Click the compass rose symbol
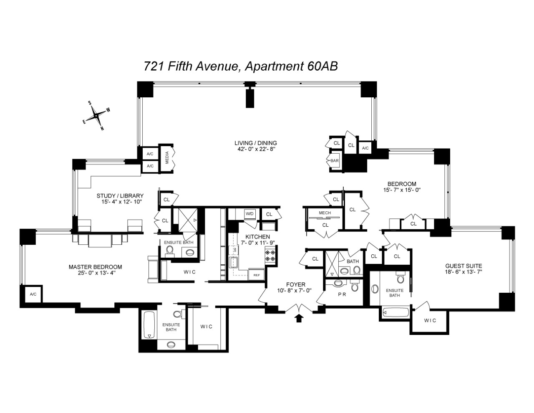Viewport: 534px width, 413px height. (96, 115)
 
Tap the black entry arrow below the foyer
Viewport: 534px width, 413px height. (299, 319)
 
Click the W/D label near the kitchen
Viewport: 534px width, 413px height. (249, 214)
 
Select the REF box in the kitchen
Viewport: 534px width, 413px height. (254, 275)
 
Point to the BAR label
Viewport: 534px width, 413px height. (335, 161)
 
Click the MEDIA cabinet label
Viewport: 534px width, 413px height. (167, 157)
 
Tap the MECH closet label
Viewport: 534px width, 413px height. (325, 213)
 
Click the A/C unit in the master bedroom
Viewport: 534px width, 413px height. (33, 294)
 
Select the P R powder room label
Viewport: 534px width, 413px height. (340, 294)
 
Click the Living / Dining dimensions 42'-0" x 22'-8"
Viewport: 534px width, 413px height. (255, 149)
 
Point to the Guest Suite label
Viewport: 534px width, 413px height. (463, 266)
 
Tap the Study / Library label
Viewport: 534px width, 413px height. (120, 195)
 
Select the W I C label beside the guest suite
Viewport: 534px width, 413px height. (430, 320)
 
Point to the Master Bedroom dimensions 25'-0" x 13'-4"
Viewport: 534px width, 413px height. (95, 274)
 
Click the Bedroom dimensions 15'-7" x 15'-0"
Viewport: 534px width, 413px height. (402, 190)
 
